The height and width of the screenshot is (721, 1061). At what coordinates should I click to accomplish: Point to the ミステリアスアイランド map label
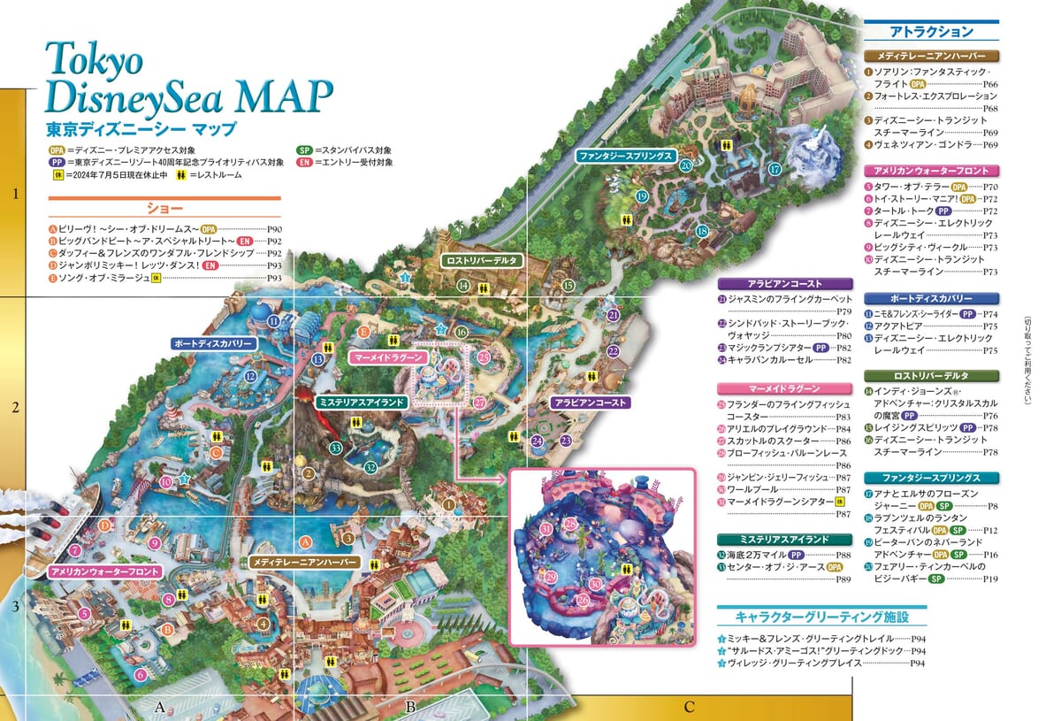pos(362,402)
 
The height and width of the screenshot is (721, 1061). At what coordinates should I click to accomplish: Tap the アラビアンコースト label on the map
pos(591,402)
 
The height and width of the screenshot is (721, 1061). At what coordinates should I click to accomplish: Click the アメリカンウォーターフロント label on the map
pos(106,572)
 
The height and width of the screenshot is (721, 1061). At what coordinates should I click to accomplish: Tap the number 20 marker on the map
pos(685,165)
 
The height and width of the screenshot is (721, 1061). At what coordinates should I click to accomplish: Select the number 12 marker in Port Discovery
pos(251,376)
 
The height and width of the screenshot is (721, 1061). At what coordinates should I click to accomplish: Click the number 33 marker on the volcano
pos(335,448)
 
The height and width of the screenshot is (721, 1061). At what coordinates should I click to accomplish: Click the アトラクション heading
pos(930,32)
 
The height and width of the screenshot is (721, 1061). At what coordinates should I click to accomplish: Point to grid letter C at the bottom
pos(689,706)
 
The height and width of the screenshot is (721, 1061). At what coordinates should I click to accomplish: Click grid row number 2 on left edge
pos(14,408)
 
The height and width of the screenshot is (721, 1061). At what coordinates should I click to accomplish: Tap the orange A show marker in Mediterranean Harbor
pos(306,541)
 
